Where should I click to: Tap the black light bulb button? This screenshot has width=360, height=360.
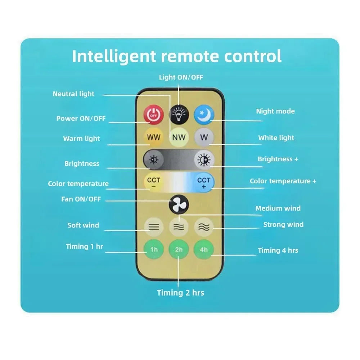[x=179, y=114]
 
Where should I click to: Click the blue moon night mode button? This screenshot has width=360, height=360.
[x=204, y=114]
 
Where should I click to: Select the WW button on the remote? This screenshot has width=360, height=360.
[x=154, y=137]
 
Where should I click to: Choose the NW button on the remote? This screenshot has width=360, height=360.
[x=179, y=137]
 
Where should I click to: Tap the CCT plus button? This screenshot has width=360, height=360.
[x=204, y=183]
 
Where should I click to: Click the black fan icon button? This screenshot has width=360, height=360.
[x=179, y=204]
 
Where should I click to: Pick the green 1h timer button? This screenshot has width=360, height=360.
[x=154, y=249]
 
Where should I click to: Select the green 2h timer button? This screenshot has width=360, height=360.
[x=179, y=249]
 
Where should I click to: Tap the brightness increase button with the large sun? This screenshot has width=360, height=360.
[x=204, y=160]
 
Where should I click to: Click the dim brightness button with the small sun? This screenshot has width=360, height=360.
[x=153, y=159]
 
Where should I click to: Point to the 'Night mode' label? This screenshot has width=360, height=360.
[x=275, y=111]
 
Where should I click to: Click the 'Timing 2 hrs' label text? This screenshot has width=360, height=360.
[x=180, y=293]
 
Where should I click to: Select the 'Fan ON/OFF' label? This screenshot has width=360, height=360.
[x=81, y=199]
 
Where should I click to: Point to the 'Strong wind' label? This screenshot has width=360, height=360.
[x=283, y=225]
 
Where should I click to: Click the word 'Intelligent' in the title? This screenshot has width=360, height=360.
[x=114, y=57]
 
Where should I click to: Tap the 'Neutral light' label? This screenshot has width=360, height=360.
[x=73, y=94]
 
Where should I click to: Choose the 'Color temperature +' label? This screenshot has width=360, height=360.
[x=283, y=181]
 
